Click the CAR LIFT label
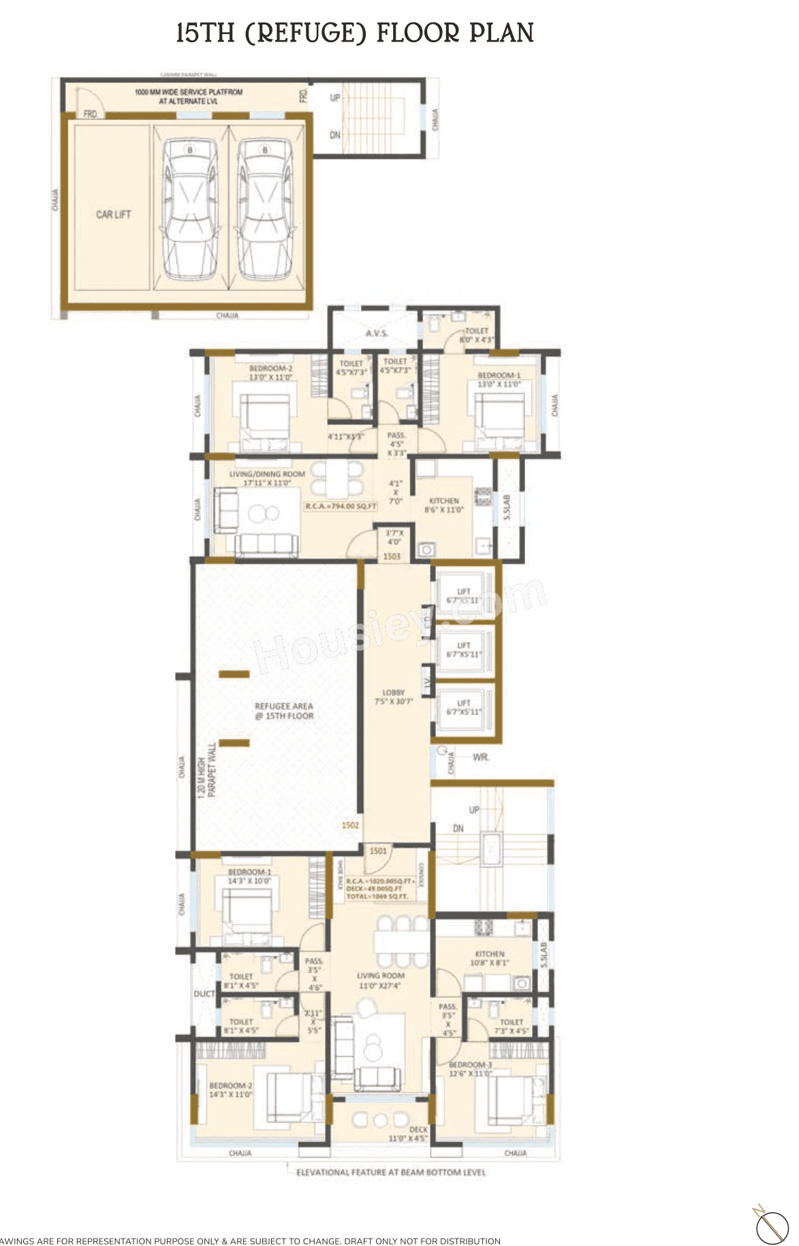113,214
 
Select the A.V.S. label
377,333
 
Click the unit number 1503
392,556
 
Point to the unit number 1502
350,825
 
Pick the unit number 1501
378,851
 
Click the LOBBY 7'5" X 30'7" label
394,697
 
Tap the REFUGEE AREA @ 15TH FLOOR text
284,711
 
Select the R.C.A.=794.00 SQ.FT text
341,507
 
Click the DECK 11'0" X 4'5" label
408,1134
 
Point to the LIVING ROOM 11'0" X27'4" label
380,980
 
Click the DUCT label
204,994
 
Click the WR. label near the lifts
480,757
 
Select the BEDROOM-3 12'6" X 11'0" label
471,1069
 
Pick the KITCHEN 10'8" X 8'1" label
489,958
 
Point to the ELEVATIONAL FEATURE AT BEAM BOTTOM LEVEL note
391,1172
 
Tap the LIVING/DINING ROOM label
267,478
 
